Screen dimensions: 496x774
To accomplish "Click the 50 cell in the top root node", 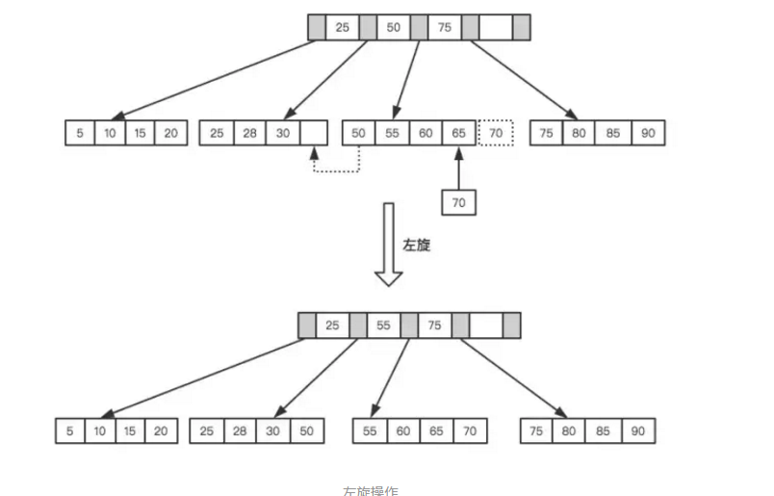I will point(393,27).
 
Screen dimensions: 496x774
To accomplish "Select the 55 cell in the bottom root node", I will point(383,326).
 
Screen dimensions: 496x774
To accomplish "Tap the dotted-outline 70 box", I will point(496,133).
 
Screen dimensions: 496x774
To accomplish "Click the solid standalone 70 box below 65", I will point(458,201).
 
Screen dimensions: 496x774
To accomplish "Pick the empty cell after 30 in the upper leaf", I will point(314,133).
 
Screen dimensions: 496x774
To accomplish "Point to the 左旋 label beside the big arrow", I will point(416,245).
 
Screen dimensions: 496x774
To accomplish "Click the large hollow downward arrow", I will point(389,245).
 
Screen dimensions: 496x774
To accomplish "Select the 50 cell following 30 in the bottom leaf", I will point(304,431).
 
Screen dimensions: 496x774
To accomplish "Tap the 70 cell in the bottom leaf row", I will point(468,431).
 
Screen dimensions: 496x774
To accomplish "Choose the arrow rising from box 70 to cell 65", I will point(458,167).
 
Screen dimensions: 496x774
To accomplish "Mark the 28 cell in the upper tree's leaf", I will point(250,133).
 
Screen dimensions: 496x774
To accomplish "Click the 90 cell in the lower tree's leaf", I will point(637,431).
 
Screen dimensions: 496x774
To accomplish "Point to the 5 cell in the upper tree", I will point(79,133).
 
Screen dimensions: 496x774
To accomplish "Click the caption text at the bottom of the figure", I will point(371,489).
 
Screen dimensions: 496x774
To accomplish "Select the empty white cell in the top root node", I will point(495,27).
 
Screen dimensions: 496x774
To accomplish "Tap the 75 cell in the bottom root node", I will point(434,326).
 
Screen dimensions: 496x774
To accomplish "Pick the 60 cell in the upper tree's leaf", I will point(425,133).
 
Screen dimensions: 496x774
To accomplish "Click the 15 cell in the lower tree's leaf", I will point(130,431).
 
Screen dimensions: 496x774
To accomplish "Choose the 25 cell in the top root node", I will point(342,27).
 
